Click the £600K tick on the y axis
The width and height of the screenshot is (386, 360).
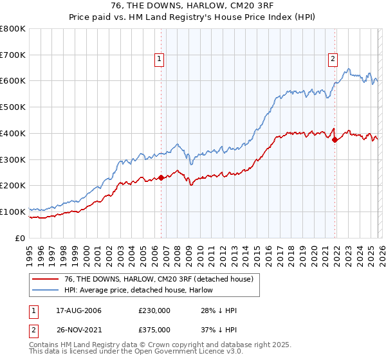[13, 81]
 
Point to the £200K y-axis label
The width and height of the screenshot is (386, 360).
[13, 185]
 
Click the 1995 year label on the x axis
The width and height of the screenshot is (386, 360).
[30, 253]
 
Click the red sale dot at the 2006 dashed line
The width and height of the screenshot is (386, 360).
[161, 178]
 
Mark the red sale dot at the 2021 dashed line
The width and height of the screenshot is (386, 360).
[335, 140]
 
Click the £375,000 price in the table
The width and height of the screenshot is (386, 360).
[154, 330]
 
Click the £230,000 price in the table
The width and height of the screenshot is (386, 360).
[154, 310]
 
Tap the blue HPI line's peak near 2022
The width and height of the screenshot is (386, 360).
[348, 69]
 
